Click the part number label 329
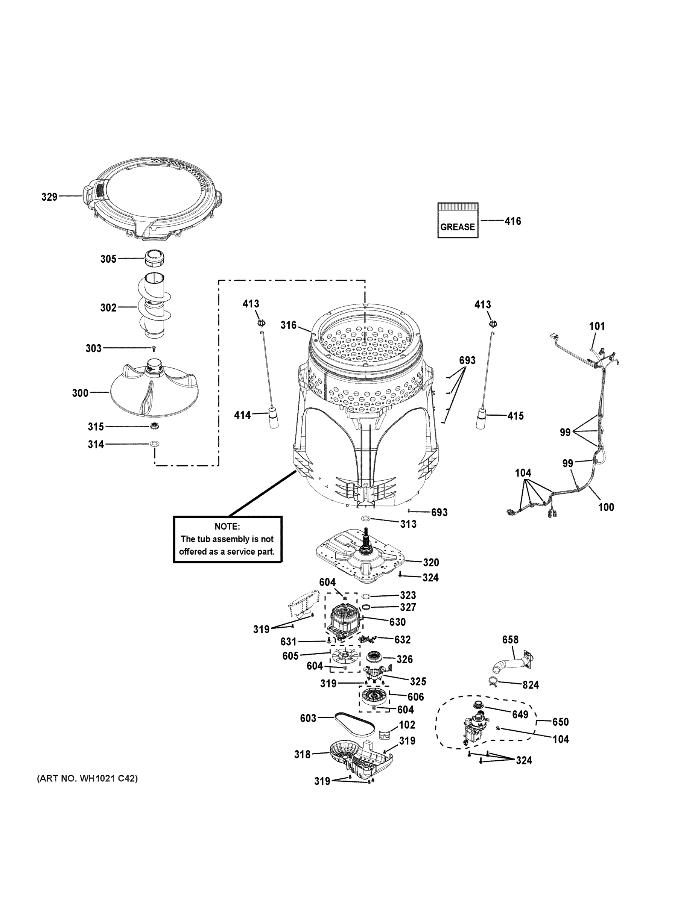(49, 197)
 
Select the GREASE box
(458, 220)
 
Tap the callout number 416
(513, 221)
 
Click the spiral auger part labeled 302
(154, 306)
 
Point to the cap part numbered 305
(154, 259)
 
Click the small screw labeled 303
(154, 349)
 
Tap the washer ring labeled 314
(155, 444)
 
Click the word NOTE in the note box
(227, 527)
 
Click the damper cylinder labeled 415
(481, 418)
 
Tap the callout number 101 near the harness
(597, 326)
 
